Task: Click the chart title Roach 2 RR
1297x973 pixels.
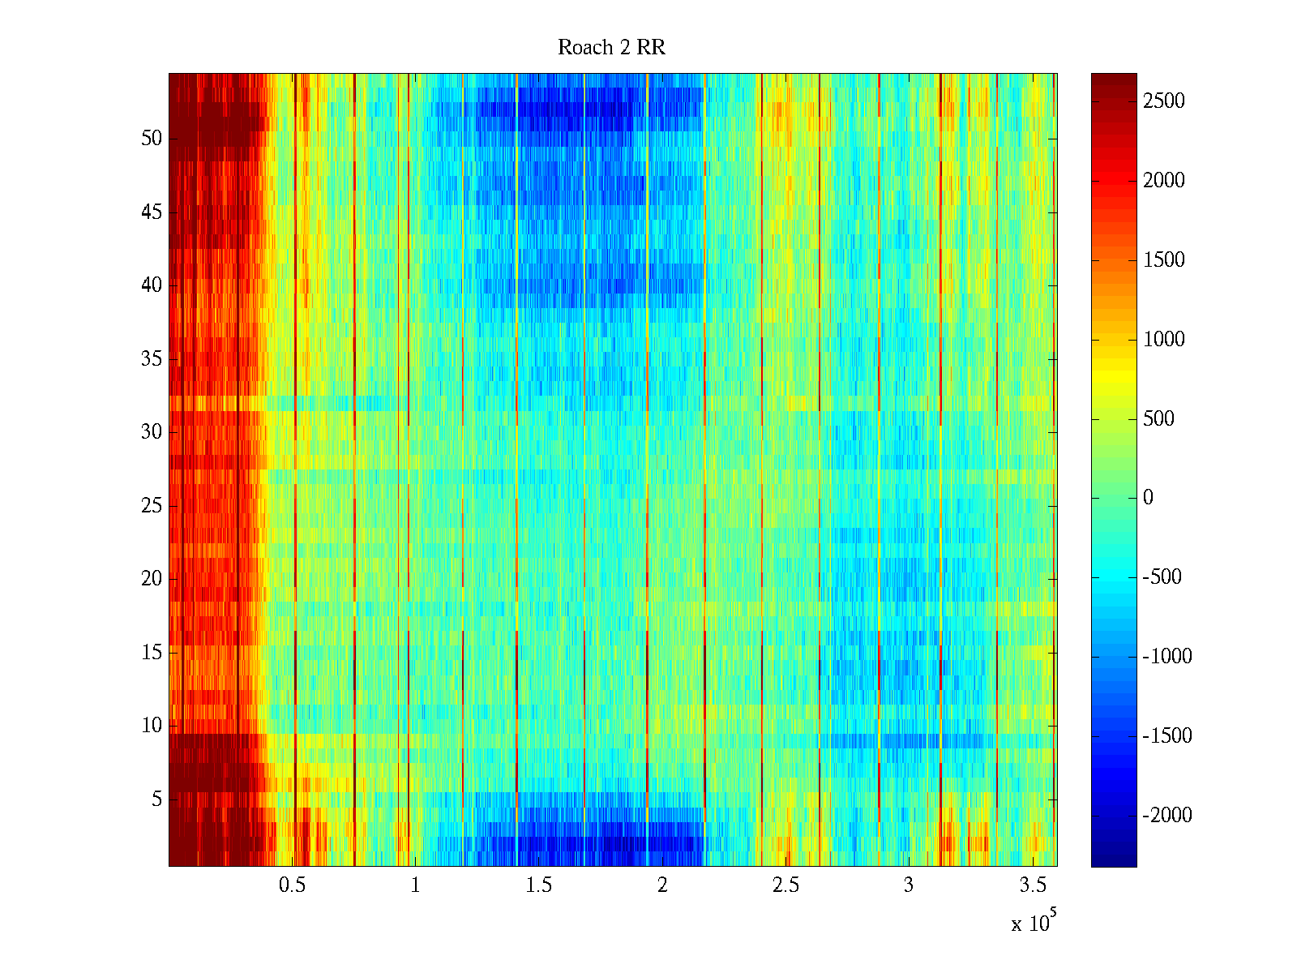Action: (611, 48)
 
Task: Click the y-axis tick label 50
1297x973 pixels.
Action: (152, 139)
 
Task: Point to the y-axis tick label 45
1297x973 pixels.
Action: (152, 212)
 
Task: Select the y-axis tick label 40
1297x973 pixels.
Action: (152, 285)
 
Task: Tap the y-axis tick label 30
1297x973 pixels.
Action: (152, 432)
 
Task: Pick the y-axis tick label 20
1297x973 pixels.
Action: (152, 579)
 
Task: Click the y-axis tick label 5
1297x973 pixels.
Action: (156, 799)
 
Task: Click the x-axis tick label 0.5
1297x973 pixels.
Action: (292, 885)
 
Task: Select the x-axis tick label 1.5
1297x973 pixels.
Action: (539, 885)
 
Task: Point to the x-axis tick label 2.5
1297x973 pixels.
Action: (785, 885)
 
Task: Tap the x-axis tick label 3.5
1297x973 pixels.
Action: (1033, 885)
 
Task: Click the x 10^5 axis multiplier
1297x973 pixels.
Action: (1033, 923)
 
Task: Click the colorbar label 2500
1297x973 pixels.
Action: (1164, 101)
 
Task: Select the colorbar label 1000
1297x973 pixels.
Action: (1164, 340)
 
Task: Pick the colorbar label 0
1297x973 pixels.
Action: (1148, 498)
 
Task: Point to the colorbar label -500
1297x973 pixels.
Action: (1162, 577)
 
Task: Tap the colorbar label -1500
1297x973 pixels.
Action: (1167, 736)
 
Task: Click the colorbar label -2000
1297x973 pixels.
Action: (1167, 816)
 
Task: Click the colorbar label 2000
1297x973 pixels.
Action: (1164, 181)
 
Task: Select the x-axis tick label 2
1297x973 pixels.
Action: (662, 885)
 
